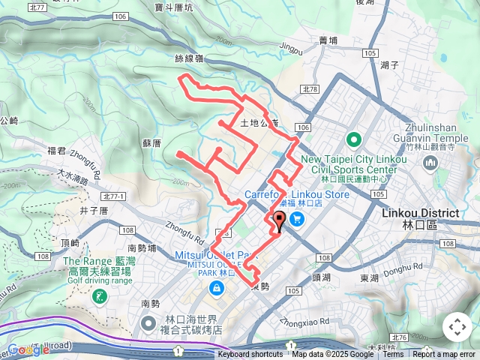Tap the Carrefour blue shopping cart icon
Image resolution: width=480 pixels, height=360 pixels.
point(297,219)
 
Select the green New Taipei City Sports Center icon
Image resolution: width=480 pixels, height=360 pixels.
point(353,140)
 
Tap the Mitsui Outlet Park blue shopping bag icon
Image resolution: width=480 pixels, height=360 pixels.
point(217,288)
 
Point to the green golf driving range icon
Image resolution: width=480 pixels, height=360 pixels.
point(99,297)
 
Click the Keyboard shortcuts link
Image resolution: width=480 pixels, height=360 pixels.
point(250,355)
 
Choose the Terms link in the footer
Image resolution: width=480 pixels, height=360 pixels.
point(393,355)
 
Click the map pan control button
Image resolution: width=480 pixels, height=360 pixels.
point(457,327)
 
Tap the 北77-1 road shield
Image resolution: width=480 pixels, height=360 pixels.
point(112,196)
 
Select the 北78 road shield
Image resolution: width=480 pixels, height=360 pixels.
point(310,89)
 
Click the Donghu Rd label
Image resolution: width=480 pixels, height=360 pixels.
point(407,268)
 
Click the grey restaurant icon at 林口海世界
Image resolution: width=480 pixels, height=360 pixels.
point(148,323)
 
